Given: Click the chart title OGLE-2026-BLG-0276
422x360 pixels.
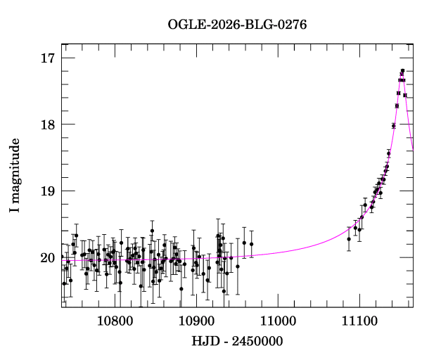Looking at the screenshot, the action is pyautogui.click(x=237, y=25).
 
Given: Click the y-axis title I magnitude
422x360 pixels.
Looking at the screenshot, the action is pyautogui.click(x=14, y=175).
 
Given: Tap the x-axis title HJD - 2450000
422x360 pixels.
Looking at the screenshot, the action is pyautogui.click(x=237, y=341).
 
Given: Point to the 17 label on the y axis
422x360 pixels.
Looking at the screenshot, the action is pyautogui.click(x=48, y=58).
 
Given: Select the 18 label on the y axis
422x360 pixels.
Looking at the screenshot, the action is pyautogui.click(x=48, y=124).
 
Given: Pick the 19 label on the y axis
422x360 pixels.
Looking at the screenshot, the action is pyautogui.click(x=48, y=191).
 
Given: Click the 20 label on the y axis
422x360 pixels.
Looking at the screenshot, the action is pyautogui.click(x=48, y=257).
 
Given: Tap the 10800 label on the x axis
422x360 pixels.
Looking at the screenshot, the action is pyautogui.click(x=115, y=321).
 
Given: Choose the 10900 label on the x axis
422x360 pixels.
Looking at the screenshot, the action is pyautogui.click(x=196, y=321).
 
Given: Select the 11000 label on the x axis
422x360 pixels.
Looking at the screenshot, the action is pyautogui.click(x=278, y=321).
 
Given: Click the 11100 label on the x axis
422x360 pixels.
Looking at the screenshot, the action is pyautogui.click(x=359, y=321).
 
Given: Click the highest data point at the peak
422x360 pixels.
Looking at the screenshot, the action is pyautogui.click(x=402, y=70).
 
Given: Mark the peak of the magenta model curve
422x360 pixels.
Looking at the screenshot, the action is pyautogui.click(x=402, y=76).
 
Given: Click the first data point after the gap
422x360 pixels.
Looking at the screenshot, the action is pyautogui.click(x=349, y=239).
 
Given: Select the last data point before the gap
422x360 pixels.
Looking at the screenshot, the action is pyautogui.click(x=251, y=244).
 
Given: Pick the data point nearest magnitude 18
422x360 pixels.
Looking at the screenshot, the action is pyautogui.click(x=393, y=126).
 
